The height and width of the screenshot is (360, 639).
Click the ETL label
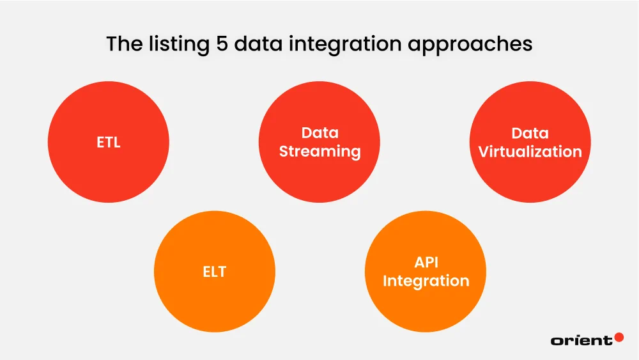click(109, 143)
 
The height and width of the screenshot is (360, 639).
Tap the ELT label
click(215, 272)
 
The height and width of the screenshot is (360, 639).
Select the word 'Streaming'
click(319, 152)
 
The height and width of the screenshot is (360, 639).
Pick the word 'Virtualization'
click(530, 152)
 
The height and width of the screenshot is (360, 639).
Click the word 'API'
click(426, 263)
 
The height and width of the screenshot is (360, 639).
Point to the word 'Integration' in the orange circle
click(426, 281)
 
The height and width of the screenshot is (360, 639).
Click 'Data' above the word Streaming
click(319, 133)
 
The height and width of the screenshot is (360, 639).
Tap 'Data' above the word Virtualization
click(530, 133)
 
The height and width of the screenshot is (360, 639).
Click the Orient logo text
click(580, 341)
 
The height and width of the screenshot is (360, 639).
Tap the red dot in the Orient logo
click(619, 337)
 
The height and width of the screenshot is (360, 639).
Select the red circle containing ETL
click(109, 166)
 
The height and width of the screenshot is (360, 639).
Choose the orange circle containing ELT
click(215, 301)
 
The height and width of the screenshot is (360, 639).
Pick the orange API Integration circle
click(426, 307)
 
